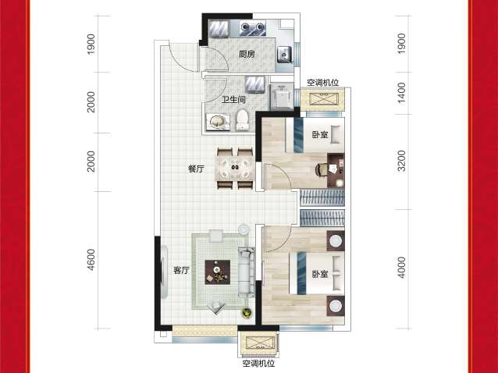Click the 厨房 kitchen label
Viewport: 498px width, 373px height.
[x=247, y=54]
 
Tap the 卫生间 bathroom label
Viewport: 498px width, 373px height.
[x=233, y=100]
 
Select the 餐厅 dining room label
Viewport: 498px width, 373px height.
[x=196, y=169]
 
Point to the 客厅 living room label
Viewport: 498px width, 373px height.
[x=181, y=271]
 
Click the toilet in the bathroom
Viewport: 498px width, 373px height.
[x=243, y=120]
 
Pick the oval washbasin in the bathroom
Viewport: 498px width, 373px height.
[x=218, y=123]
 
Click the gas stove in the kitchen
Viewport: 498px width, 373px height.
[x=253, y=27]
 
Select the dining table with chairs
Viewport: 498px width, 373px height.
[x=235, y=169]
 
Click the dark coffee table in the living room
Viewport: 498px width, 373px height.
[x=218, y=272]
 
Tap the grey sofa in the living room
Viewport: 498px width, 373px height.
[x=247, y=272]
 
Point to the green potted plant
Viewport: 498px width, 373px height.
[x=247, y=313]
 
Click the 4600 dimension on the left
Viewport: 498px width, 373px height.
[x=91, y=260]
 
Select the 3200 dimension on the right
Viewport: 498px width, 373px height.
[x=401, y=161]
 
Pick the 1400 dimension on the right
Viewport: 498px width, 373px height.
[x=401, y=93]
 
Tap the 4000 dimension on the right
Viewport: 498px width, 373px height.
[x=401, y=268]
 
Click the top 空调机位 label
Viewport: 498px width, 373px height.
[x=322, y=83]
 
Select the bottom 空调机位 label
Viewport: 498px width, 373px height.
[x=258, y=364]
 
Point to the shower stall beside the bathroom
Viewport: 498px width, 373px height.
[x=281, y=97]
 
